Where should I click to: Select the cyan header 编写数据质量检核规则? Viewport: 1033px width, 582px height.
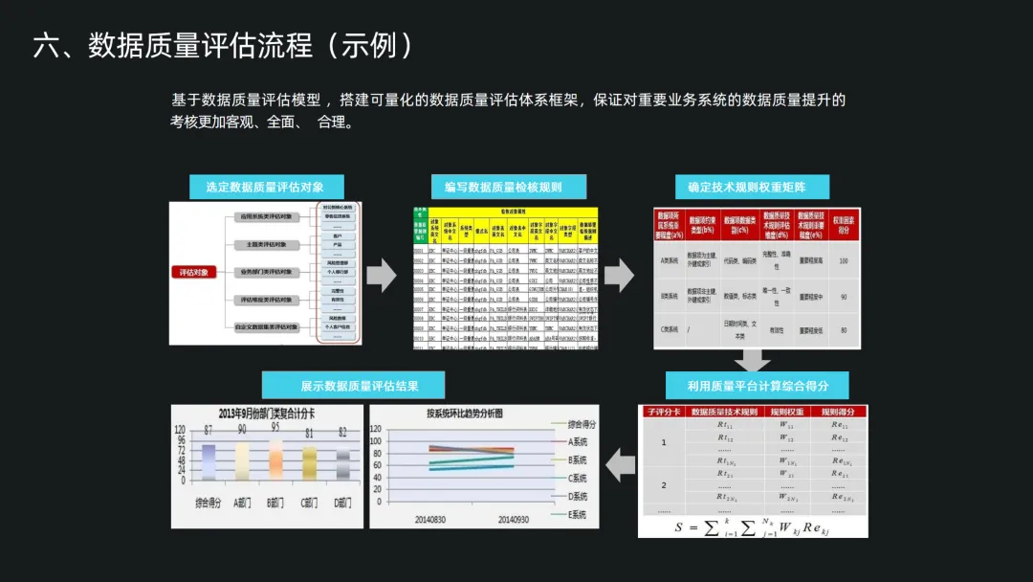pos(503,188)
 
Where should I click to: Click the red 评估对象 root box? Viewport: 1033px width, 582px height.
pos(195,273)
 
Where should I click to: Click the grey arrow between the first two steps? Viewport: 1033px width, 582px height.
pos(382,276)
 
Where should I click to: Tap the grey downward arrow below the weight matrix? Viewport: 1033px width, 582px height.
pos(752,361)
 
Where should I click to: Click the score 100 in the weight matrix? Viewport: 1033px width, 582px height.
pos(843,260)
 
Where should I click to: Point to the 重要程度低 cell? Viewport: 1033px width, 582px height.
pos(809,330)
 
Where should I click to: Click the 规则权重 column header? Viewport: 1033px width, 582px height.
pos(786,413)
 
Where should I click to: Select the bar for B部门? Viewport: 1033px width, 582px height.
pos(275,459)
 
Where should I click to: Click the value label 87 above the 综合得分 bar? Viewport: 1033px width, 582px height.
pos(208,432)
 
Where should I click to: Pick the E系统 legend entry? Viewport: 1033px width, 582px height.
pos(577,515)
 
